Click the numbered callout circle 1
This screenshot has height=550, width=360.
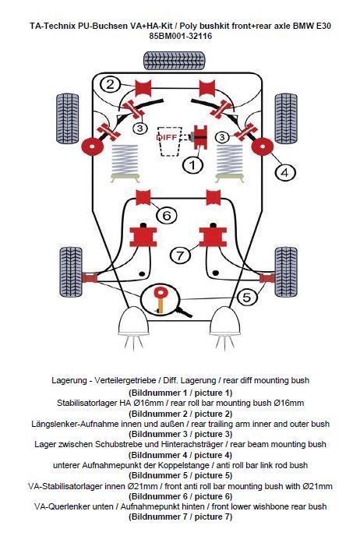tap(192, 165)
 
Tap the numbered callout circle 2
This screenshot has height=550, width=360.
tap(110, 85)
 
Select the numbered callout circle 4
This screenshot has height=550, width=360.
tap(285, 173)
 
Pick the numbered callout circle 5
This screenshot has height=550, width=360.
tap(247, 297)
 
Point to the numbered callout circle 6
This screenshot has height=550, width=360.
tap(167, 215)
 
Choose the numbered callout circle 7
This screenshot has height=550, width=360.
tap(180, 255)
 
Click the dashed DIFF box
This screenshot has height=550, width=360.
tap(170, 141)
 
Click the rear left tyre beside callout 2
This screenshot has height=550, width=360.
tap(67, 118)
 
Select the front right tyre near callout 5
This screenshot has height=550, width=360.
tap(286, 272)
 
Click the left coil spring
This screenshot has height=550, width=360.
tap(125, 163)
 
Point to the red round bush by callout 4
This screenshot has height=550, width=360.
tap(262, 147)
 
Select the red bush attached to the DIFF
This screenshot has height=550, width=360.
tap(199, 137)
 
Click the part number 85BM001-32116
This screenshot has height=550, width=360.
tap(180, 36)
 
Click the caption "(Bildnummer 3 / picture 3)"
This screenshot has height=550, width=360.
tap(180, 434)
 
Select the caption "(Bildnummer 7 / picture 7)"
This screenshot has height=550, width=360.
tap(180, 517)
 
